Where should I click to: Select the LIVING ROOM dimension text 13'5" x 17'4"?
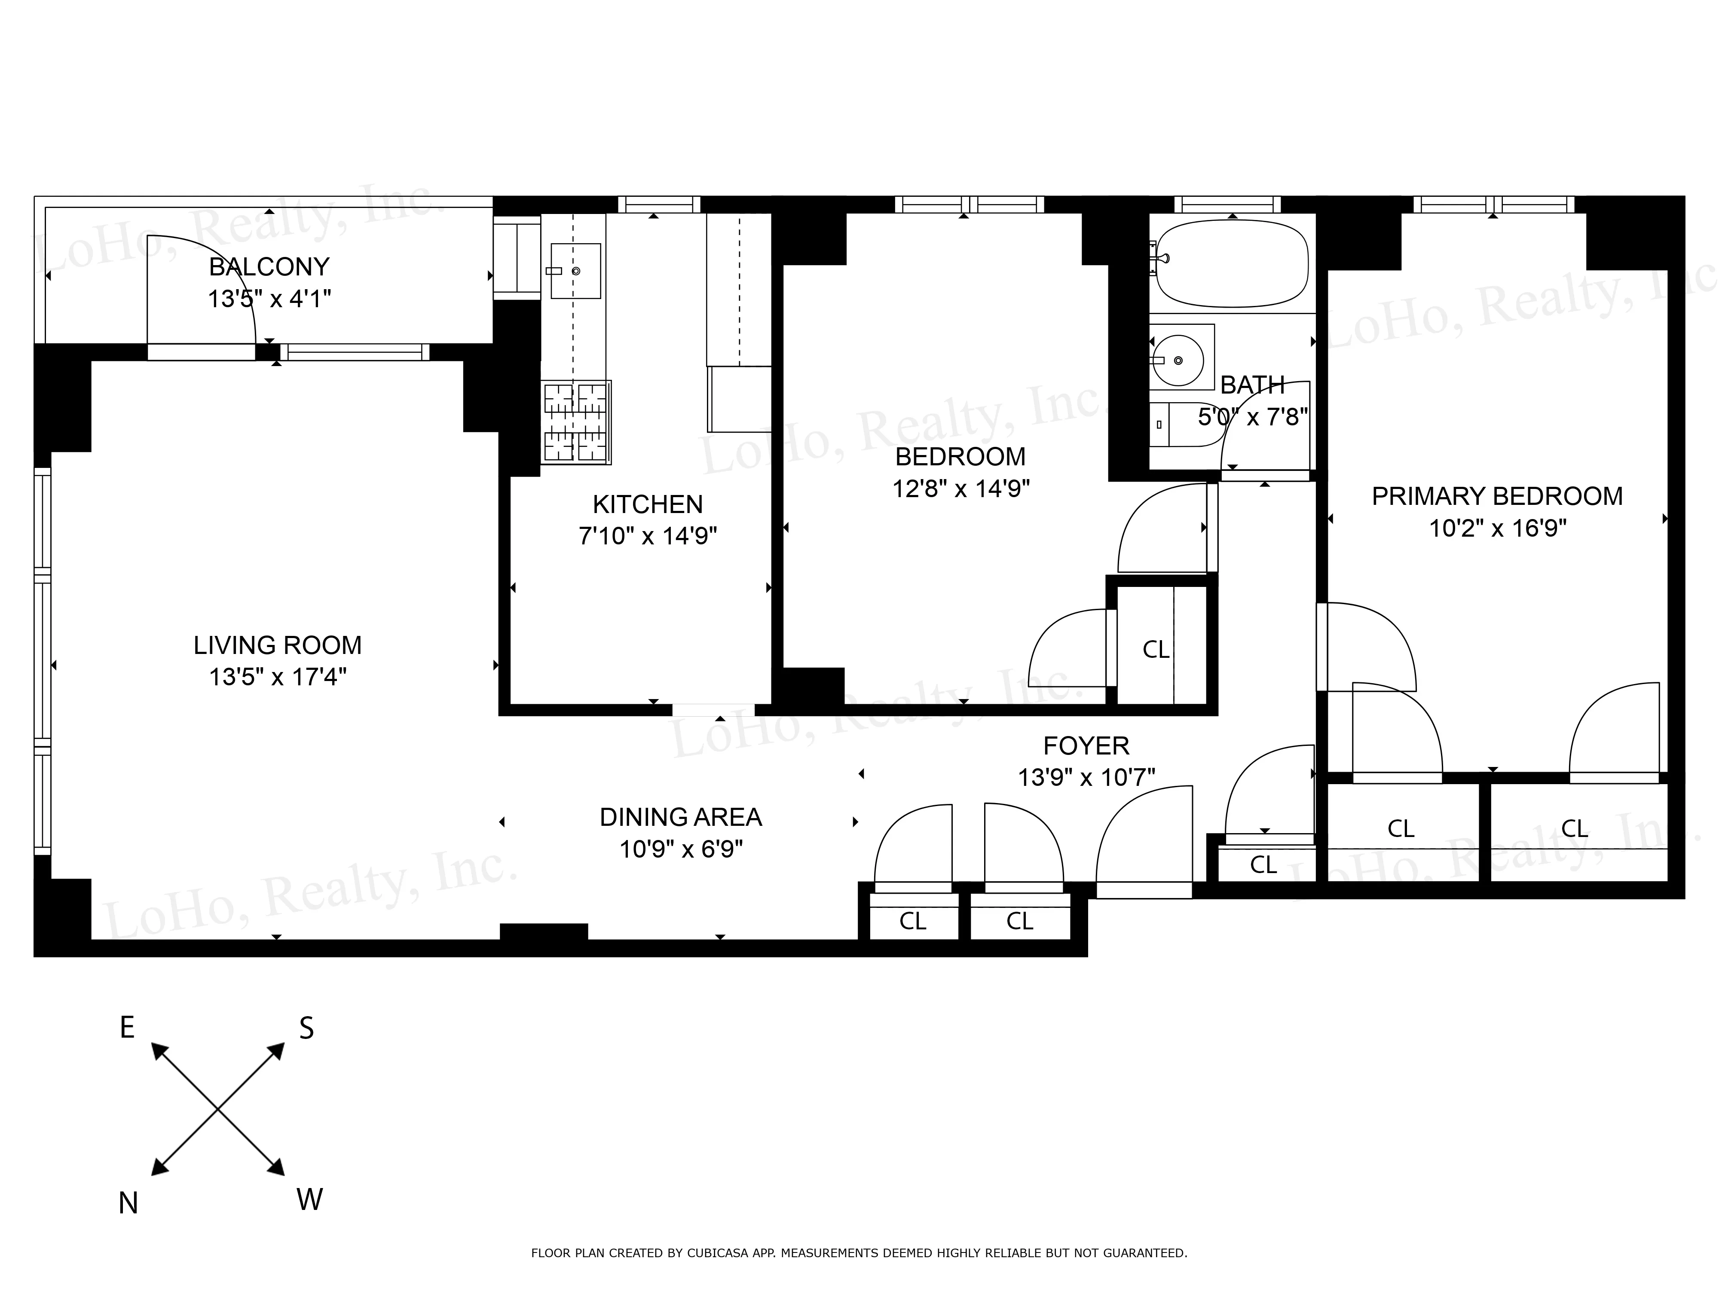(x=278, y=677)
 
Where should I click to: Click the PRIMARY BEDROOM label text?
(x=1497, y=496)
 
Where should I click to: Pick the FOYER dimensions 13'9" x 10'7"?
(x=1086, y=777)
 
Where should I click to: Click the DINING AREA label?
(x=681, y=817)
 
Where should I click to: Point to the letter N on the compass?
(x=128, y=1203)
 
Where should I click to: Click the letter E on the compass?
(x=128, y=1027)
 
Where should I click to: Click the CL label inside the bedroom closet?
(x=1156, y=650)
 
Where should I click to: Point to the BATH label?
(x=1252, y=385)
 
